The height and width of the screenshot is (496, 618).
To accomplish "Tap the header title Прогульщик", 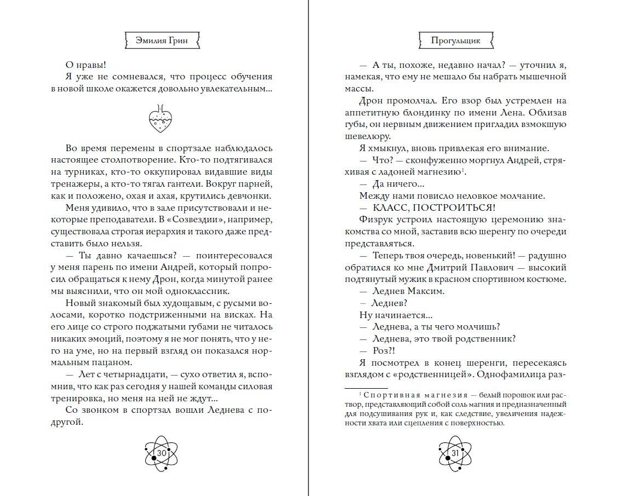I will coord(455,41).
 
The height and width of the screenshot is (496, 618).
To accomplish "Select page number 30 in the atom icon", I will coord(162,454).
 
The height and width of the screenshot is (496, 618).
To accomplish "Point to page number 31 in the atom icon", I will coord(455,454).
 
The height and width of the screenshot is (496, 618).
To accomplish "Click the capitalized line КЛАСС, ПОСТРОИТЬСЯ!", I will coord(427,207).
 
